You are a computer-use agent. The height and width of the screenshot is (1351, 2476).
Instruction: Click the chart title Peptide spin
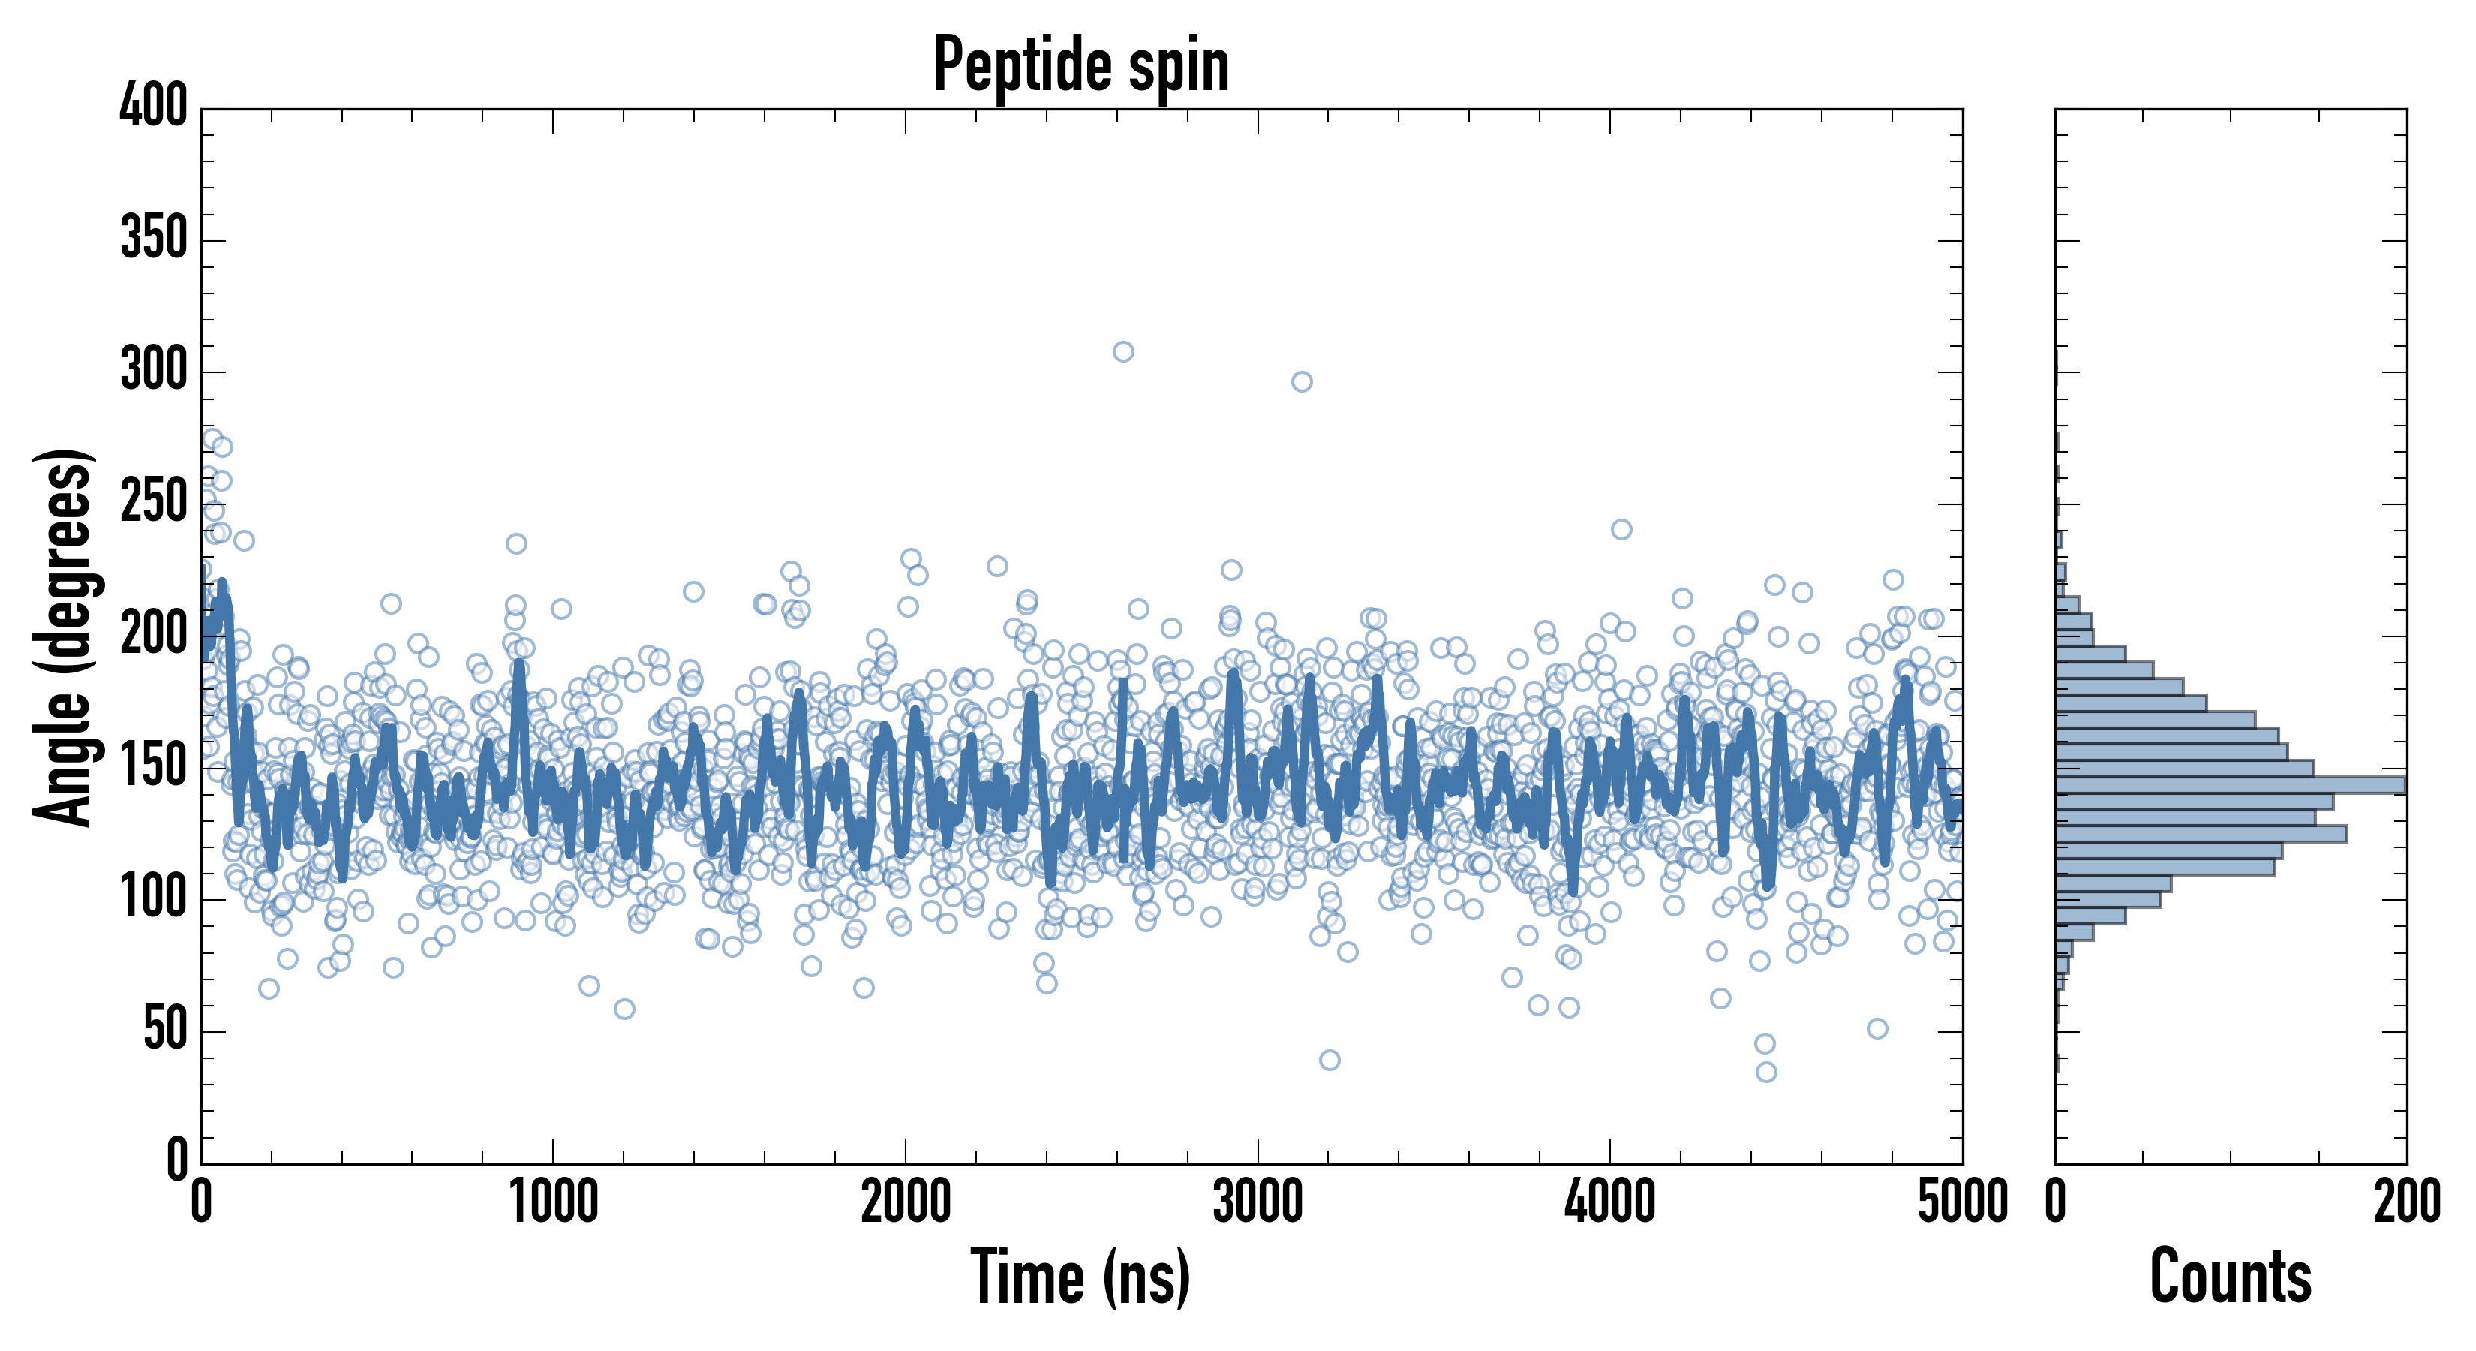tap(1081, 65)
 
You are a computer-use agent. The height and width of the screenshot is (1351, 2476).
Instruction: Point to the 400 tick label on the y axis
tap(154, 106)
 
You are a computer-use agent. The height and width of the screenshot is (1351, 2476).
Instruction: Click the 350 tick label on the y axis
tap(154, 237)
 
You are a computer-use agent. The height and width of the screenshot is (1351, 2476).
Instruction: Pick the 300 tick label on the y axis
tap(154, 370)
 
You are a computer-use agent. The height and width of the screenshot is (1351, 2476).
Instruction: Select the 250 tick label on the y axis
tap(154, 502)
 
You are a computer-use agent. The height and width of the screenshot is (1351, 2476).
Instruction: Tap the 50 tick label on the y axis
tap(165, 1030)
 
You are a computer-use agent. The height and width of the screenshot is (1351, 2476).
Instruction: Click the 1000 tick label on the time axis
tap(554, 1202)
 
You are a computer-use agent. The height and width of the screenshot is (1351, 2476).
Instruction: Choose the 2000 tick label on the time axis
tap(906, 1202)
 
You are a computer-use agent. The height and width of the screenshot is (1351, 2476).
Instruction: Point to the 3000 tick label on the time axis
tap(1258, 1202)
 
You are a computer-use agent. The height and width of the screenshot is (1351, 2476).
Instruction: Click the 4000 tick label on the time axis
tap(1610, 1202)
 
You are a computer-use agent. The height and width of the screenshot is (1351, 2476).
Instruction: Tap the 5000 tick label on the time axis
tap(1962, 1202)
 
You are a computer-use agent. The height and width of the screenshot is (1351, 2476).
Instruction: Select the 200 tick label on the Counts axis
tap(2407, 1202)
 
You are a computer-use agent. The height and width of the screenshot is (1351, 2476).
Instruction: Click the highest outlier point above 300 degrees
tap(1122, 352)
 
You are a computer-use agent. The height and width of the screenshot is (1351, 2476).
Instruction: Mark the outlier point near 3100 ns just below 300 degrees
tap(1302, 382)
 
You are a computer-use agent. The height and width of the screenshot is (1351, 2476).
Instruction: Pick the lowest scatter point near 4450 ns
tap(1765, 1072)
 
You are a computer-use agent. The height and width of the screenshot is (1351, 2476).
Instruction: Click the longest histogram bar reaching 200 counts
tap(2230, 784)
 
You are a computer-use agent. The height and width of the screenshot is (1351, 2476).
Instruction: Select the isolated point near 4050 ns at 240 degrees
tap(1621, 530)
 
